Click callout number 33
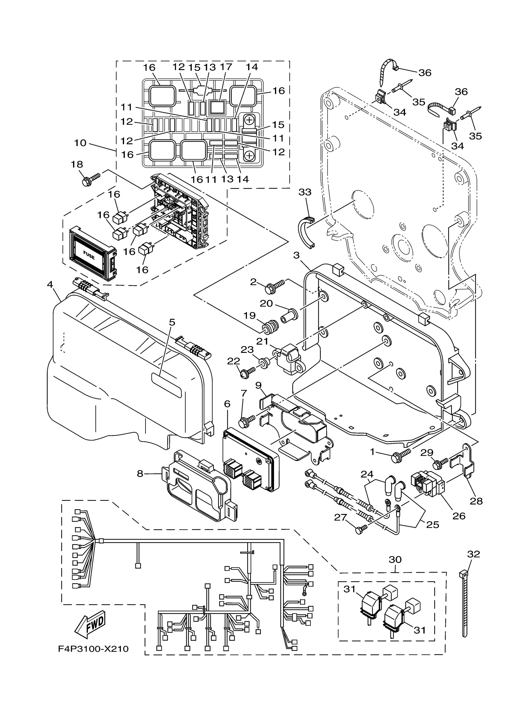pos(305,192)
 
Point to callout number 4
pos(50,285)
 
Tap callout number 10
pos(80,143)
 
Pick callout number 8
pos(140,474)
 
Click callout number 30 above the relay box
pos(395,559)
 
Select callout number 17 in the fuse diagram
pos(226,67)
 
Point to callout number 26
pos(459,516)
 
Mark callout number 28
pos(476,501)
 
